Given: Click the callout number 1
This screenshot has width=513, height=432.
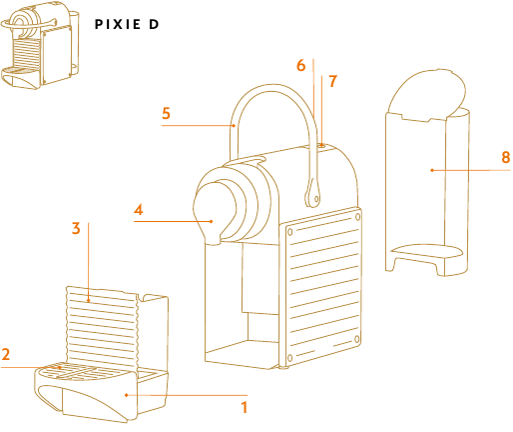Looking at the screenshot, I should [243, 407].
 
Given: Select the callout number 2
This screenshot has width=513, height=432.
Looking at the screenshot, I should [6, 354].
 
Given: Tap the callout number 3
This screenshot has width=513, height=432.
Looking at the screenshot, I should [76, 228].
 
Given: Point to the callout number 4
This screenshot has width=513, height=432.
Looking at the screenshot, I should [140, 210].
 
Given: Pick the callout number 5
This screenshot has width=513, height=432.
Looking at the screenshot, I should [167, 113].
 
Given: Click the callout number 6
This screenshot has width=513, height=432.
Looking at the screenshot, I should [300, 65].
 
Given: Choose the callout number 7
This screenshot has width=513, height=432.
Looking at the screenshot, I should [332, 79].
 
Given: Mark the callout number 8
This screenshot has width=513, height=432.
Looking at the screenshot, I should [505, 157].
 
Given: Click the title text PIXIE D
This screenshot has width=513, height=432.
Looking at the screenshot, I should [126, 23].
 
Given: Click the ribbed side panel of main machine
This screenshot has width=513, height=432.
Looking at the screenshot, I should [322, 285].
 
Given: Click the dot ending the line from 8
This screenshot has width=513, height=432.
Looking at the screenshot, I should [431, 170].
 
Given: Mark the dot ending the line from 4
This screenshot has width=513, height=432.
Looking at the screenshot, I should [210, 219].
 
